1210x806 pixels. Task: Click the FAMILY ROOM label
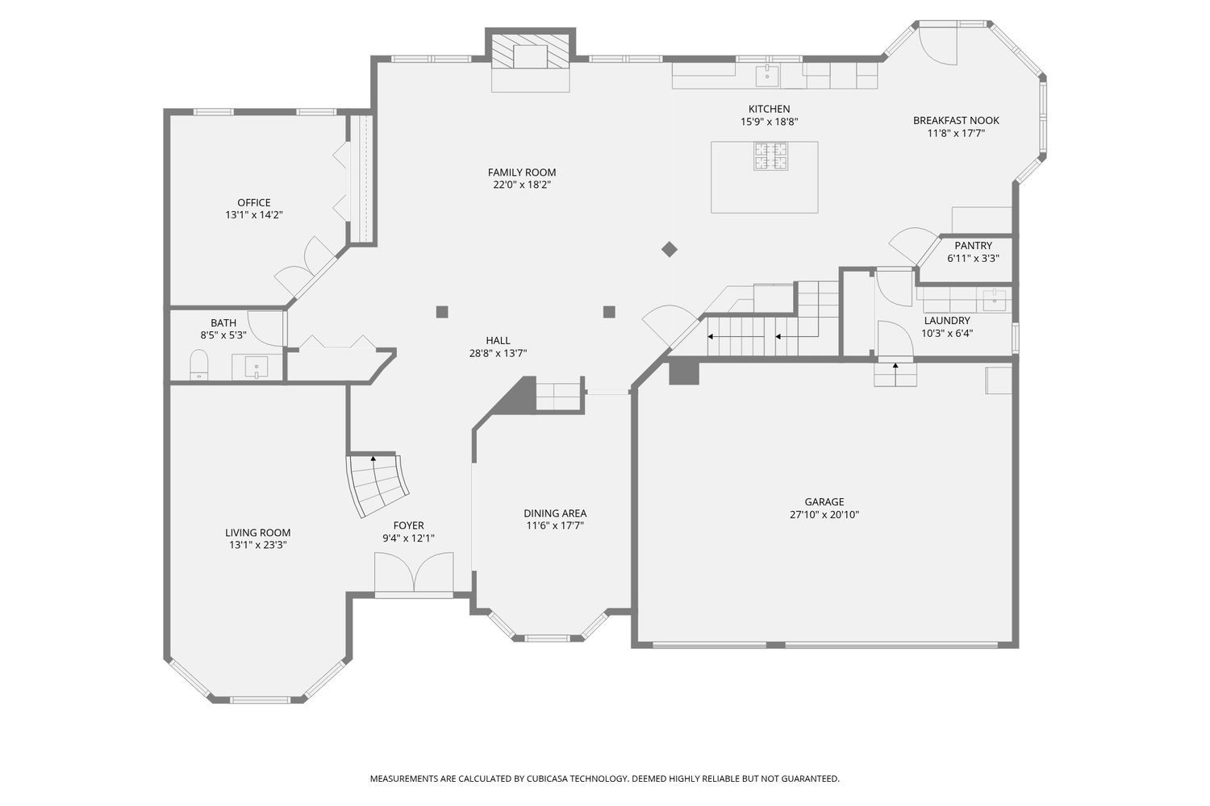pos(522,172)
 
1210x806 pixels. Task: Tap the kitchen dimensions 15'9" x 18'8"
pos(770,122)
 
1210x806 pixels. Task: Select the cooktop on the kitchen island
pos(771,156)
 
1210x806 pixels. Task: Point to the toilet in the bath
pos(198,364)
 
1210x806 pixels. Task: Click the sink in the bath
pos(256,368)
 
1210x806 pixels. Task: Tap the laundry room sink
pos(995,300)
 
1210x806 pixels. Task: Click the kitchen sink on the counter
pos(767,76)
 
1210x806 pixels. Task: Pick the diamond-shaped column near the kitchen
pos(670,249)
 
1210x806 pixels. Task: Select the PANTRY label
pos(973,246)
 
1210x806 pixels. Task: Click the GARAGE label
pos(824,502)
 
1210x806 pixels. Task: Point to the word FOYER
pos(408,526)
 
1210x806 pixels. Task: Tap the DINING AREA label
pos(555,513)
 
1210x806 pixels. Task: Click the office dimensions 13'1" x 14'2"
pos(254,215)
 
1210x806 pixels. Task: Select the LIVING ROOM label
pos(257,533)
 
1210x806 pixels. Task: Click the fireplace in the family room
pos(530,52)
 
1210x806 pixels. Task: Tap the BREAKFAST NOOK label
pos(956,120)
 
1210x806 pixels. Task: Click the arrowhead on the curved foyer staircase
pos(373,459)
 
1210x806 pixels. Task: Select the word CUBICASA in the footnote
pos(547,779)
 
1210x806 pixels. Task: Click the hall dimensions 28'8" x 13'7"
pos(498,354)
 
